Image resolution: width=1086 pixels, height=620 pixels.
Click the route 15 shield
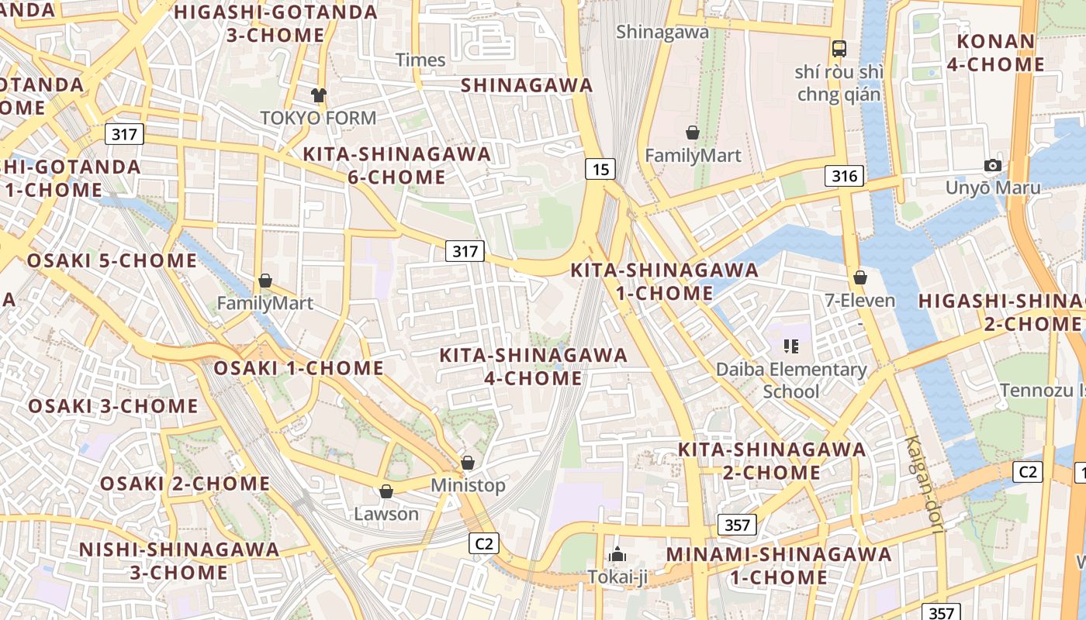pyautogui.click(x=600, y=168)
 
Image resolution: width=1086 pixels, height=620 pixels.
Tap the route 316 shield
pyautogui.click(x=844, y=176)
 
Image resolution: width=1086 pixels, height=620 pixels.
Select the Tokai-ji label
pyautogui.click(x=617, y=577)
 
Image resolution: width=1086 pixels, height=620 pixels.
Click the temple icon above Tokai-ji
pyautogui.click(x=617, y=554)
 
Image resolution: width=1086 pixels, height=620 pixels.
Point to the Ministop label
pyautogui.click(x=468, y=485)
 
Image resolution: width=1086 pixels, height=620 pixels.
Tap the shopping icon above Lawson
pyautogui.click(x=386, y=491)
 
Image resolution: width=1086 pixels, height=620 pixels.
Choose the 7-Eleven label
pyautogui.click(x=859, y=300)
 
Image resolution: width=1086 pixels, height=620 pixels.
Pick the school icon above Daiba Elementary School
pyautogui.click(x=791, y=346)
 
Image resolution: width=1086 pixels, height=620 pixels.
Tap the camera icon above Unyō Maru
pyautogui.click(x=992, y=165)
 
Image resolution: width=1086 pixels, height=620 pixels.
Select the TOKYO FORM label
pyautogui.click(x=318, y=118)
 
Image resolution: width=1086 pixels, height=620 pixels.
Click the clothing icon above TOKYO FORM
pyautogui.click(x=318, y=95)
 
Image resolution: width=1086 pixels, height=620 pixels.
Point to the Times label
pyautogui.click(x=420, y=60)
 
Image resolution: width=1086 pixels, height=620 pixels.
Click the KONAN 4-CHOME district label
pyautogui.click(x=996, y=53)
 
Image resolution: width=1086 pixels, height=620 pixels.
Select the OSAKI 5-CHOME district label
pyautogui.click(x=112, y=260)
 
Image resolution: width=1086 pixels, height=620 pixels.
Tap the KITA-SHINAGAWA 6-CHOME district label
pyautogui.click(x=396, y=165)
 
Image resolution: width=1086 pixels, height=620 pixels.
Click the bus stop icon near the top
pyautogui.click(x=839, y=49)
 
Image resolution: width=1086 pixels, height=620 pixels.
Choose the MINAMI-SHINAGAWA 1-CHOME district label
pyautogui.click(x=779, y=566)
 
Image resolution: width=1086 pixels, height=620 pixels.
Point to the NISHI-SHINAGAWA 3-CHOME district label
pyautogui.click(x=179, y=561)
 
